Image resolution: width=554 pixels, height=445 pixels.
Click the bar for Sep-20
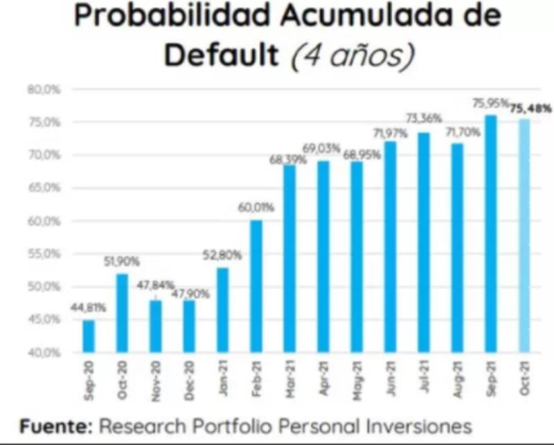coord(89,336)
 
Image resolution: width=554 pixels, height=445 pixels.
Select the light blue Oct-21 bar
coord(524,235)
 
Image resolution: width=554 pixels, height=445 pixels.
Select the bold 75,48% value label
coord(530,108)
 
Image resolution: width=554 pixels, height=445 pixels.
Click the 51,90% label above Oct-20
coord(122,261)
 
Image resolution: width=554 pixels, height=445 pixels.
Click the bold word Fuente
coord(55,426)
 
